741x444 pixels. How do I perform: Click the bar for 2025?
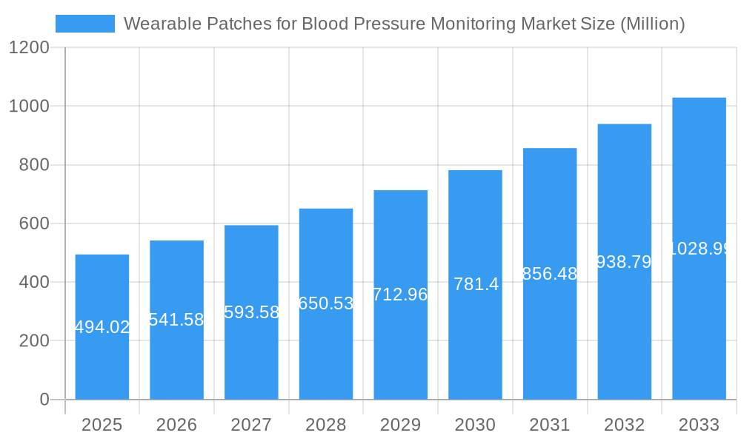102,363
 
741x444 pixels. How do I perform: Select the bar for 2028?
326,348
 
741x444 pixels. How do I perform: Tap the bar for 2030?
475,340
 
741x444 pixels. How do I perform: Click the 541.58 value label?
176,320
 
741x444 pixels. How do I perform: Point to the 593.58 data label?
251,312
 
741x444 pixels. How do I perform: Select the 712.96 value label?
400,295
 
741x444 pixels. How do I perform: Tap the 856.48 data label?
550,274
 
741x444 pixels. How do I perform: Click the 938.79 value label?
624,262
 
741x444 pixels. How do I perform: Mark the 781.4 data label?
476,284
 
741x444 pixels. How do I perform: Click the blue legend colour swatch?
85,24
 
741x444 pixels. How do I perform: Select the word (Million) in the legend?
652,24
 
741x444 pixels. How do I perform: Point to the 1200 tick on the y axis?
29,48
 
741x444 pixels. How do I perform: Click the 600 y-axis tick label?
34,223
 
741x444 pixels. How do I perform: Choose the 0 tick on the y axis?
44,400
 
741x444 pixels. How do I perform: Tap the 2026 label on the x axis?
176,425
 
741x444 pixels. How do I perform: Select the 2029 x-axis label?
400,425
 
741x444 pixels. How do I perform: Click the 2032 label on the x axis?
624,425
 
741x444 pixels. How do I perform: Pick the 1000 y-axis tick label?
29,107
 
